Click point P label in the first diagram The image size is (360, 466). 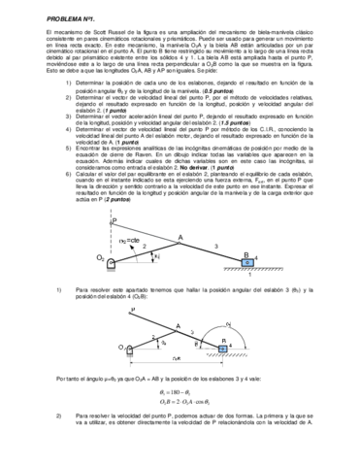142,220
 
